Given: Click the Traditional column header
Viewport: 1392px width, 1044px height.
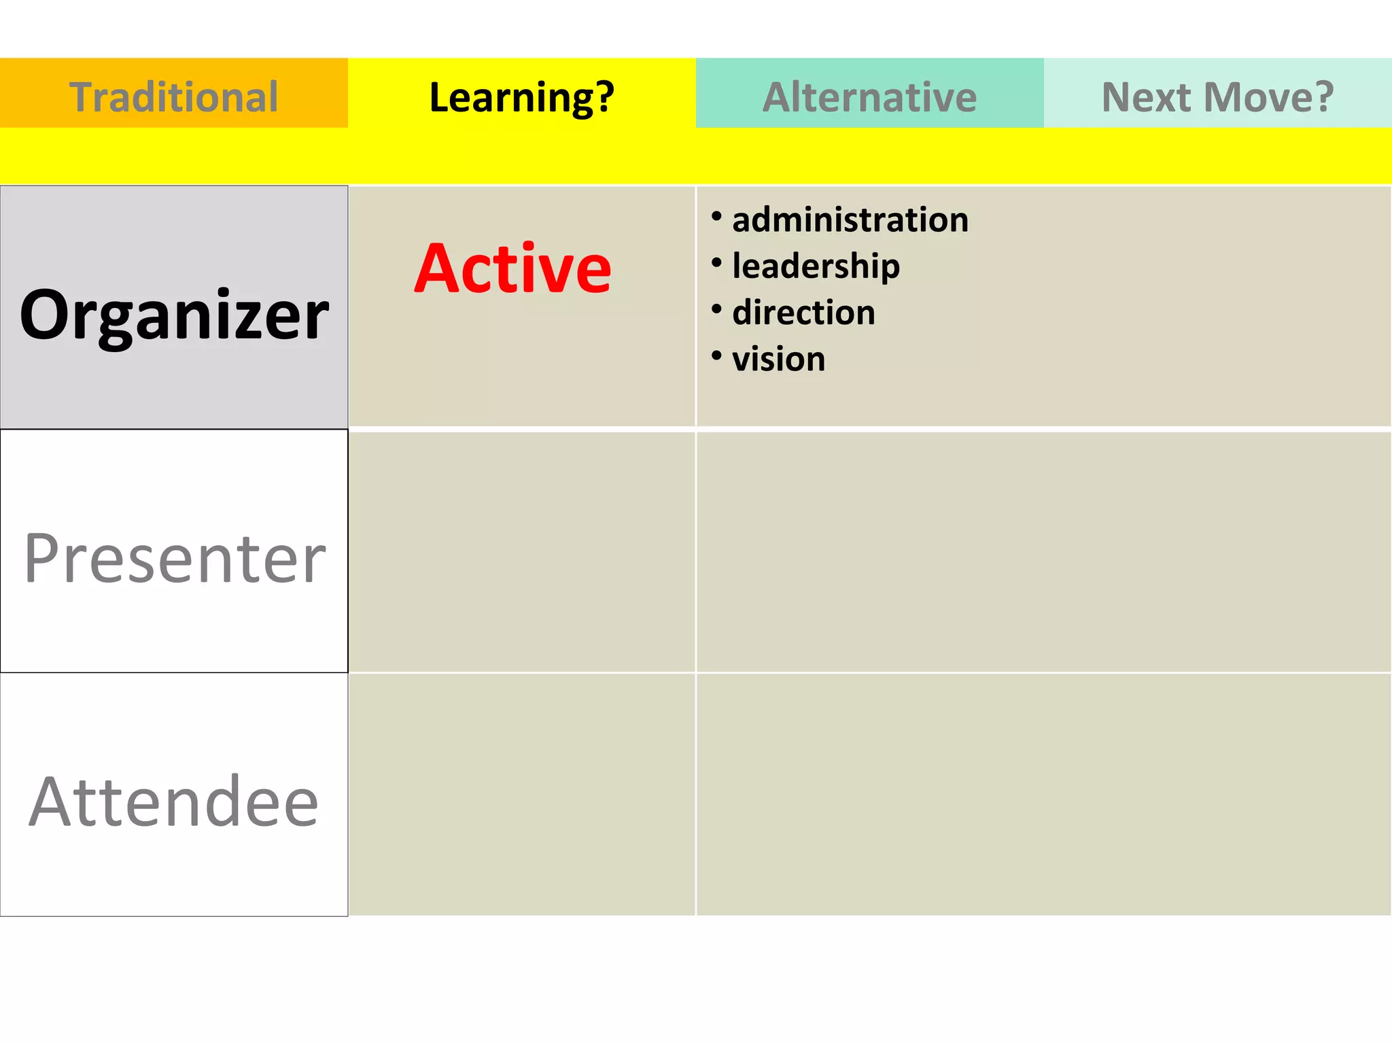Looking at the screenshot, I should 174,97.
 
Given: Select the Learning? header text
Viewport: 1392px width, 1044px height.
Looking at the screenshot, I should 521,97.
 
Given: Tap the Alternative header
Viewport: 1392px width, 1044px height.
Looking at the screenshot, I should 869,97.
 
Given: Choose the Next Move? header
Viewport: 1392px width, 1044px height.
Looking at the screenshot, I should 1217,97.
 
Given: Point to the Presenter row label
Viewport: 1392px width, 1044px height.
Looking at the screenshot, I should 175,558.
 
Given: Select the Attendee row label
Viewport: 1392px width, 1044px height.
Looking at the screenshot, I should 174,802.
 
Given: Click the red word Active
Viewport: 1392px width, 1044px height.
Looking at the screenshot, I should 513,268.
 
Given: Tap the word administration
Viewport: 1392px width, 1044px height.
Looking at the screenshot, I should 850,220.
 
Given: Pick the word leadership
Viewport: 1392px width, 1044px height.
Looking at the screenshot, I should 816,266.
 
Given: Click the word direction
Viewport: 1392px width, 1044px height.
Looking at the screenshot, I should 803,313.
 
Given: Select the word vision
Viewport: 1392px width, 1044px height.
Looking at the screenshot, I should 779,359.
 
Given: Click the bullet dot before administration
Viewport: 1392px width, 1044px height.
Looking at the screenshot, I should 716,216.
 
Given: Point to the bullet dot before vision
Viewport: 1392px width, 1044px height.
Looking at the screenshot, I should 716,355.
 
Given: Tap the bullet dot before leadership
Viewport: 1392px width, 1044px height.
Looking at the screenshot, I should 716,262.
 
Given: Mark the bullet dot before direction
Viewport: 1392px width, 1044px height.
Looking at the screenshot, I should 716,309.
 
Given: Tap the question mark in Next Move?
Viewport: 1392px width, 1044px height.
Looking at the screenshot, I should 1323,97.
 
